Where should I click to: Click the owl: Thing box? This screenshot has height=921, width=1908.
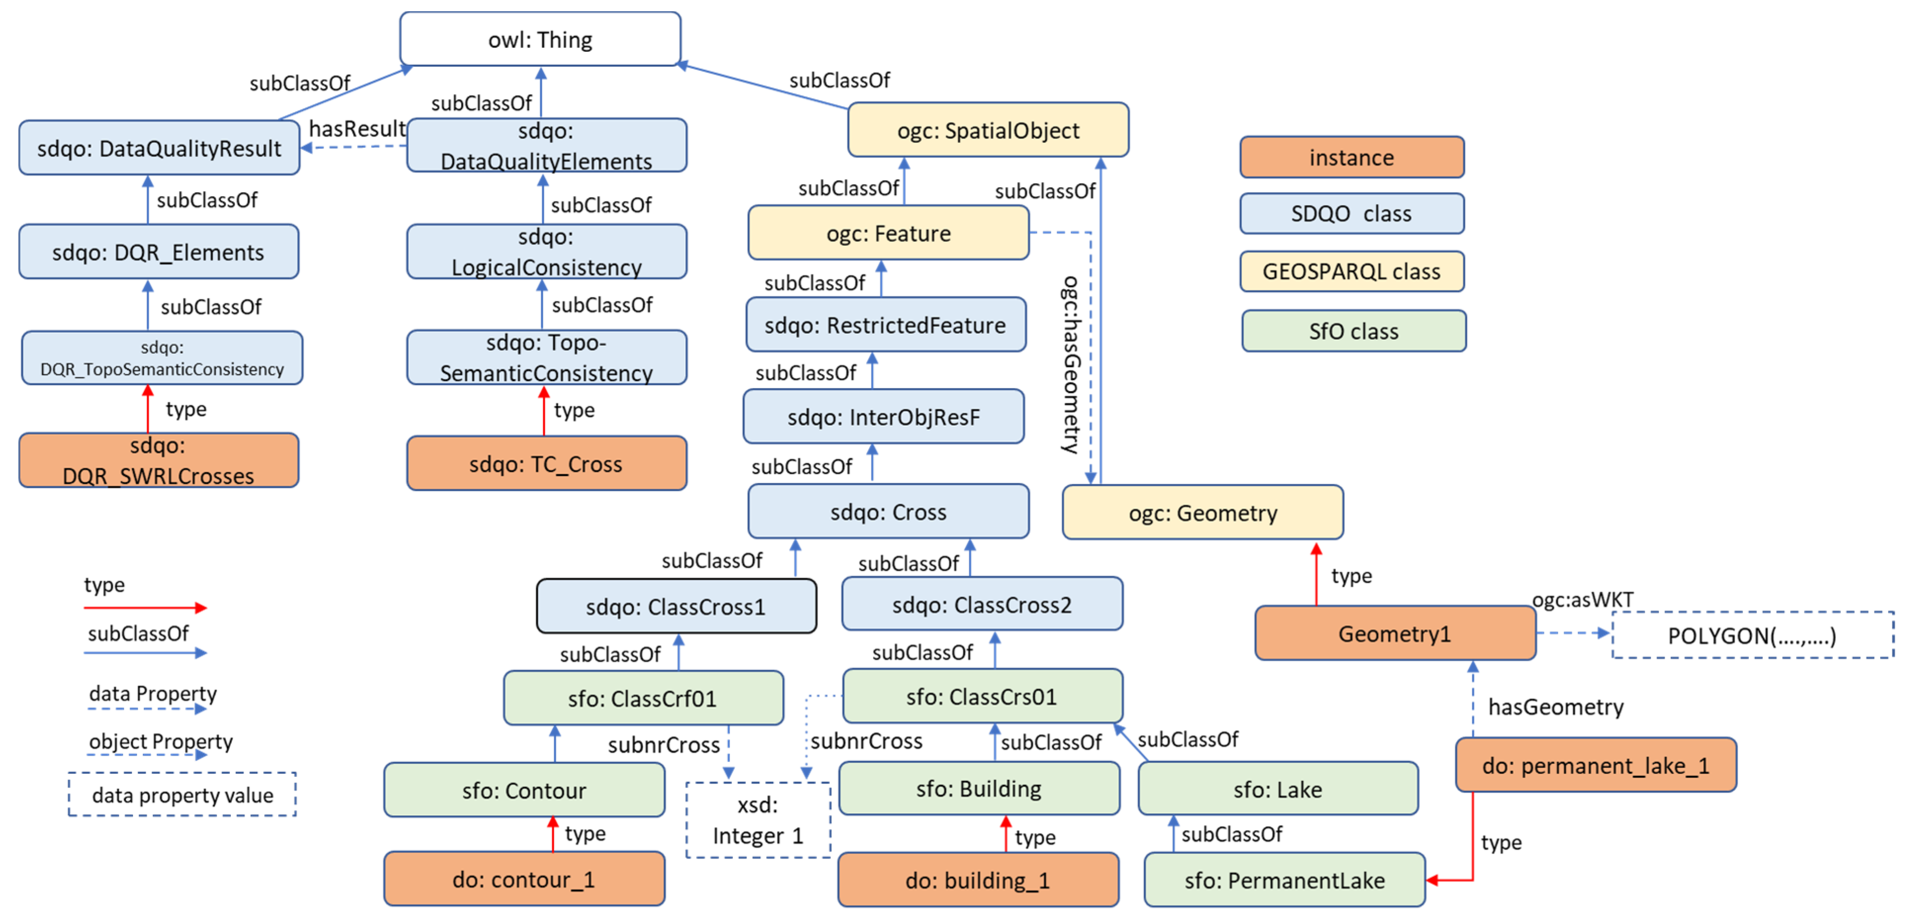coord(540,39)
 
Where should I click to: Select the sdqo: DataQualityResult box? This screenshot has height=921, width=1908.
coord(159,148)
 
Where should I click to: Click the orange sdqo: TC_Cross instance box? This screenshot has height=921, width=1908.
coord(546,463)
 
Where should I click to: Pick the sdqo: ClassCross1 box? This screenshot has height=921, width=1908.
coord(675,606)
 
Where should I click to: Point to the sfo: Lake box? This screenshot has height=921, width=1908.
coord(1277,789)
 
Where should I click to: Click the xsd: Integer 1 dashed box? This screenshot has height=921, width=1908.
coord(758,820)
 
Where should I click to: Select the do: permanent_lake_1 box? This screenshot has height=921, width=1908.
coord(1595,765)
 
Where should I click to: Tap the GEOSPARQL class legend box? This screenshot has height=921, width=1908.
coord(1351,272)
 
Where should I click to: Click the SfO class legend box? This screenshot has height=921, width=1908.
coord(1353,331)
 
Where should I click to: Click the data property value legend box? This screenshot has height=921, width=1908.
coord(182,795)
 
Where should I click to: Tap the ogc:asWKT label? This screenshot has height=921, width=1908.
coord(1582,599)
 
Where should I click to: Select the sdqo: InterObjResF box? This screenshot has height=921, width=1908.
coord(883,417)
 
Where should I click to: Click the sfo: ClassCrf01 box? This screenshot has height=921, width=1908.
coord(642,698)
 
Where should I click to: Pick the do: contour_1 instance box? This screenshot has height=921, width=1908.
coord(524,880)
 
